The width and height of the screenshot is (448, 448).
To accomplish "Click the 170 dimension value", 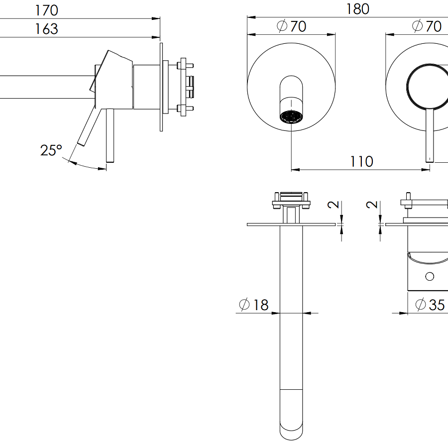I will [46, 10].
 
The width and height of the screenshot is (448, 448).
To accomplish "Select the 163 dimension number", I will [46, 29].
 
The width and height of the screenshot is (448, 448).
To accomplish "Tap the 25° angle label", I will [51, 150].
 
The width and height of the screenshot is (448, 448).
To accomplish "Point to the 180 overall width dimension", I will [357, 9].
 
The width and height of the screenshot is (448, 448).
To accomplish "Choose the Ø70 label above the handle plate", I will [427, 26].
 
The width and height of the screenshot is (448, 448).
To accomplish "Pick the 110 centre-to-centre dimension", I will [361, 161].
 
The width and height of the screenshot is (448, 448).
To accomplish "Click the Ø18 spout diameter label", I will [254, 305].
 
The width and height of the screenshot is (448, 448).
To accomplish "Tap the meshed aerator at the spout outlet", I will [291, 117].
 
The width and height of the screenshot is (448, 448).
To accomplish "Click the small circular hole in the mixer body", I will [430, 276].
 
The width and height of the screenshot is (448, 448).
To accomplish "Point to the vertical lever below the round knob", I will [429, 134].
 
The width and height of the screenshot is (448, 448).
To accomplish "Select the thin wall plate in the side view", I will [161, 87].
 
